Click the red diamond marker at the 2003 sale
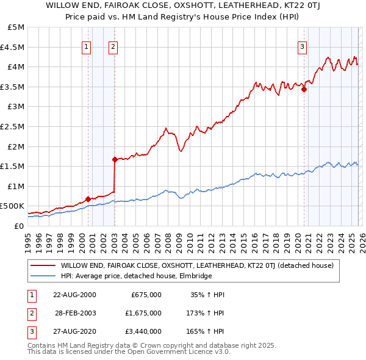point(115,159)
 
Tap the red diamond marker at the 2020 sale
point(304,89)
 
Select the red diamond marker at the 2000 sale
point(88,199)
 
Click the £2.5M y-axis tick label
point(13,126)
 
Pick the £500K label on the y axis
point(13,206)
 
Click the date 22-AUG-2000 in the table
point(74,294)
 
